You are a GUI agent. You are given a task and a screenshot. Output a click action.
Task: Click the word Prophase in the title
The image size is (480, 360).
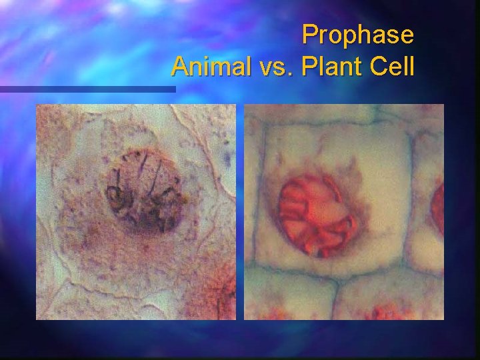(x=357, y=35)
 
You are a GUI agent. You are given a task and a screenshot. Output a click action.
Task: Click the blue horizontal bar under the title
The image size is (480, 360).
(x=87, y=89)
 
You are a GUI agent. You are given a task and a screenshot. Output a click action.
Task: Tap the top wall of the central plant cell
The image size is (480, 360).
(x=333, y=127)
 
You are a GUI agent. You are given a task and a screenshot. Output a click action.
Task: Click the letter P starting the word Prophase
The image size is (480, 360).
(x=310, y=35)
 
